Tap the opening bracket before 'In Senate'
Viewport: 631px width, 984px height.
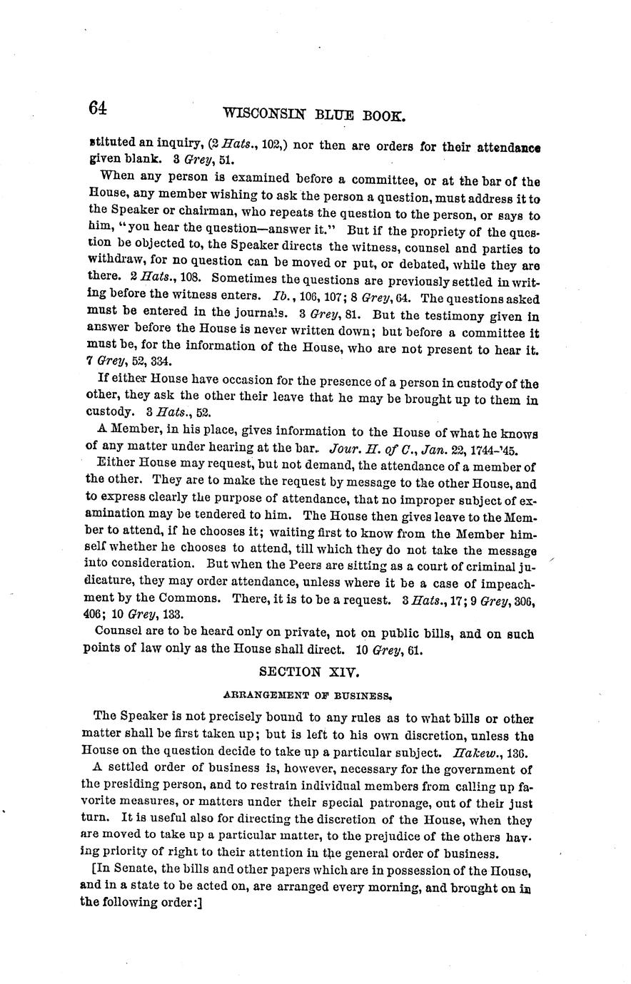95,871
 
